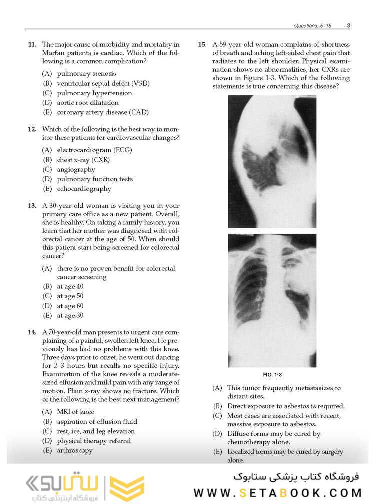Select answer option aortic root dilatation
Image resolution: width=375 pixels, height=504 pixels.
point(87,103)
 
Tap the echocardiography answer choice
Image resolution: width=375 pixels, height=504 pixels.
point(84,189)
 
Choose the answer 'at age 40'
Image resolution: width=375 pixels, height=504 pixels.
point(70,287)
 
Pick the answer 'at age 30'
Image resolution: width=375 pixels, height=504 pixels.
point(70,315)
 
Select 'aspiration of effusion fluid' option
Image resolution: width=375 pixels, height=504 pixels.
point(97,421)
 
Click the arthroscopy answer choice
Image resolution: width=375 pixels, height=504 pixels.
point(74,450)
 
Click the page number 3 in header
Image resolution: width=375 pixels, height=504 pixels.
point(348,25)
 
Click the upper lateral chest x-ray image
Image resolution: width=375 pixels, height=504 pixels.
point(272,161)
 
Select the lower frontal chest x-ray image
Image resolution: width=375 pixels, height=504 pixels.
point(272,300)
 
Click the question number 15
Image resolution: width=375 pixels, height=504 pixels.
point(202,45)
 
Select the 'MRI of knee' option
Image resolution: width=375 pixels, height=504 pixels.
point(75,412)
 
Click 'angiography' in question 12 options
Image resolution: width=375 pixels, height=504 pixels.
point(76,169)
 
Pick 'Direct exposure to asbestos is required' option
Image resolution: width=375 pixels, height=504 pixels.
point(285,406)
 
